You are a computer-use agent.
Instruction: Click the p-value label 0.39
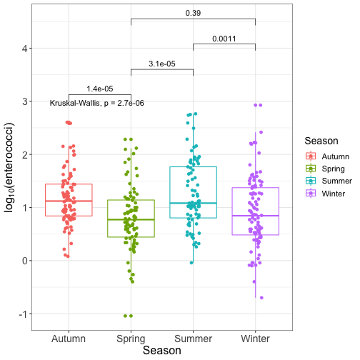tap(193, 13)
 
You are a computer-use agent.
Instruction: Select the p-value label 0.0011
tap(224, 39)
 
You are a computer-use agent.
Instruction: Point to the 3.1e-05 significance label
tap(162, 64)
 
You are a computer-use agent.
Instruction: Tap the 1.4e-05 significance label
tap(100, 89)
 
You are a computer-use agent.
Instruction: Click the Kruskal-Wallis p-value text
tap(97, 103)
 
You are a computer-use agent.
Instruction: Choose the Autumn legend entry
tap(327, 156)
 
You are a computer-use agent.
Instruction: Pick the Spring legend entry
tap(325, 169)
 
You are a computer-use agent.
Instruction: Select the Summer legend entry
tap(329, 181)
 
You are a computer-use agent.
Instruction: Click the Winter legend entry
tap(325, 194)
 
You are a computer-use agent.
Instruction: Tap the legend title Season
tap(321, 141)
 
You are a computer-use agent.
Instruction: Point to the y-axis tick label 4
tap(25, 49)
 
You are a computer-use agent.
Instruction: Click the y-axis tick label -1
tap(24, 314)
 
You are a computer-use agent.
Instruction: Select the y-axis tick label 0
tap(25, 261)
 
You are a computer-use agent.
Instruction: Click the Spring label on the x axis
tap(131, 339)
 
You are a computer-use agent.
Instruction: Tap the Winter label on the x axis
tap(255, 339)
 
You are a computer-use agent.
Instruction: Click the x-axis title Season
tap(162, 351)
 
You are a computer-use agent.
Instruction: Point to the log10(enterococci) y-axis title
tap(9, 168)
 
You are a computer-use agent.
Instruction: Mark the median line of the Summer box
tap(193, 203)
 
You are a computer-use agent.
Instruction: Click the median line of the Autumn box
tap(69, 201)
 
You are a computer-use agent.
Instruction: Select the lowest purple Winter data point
tap(261, 298)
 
